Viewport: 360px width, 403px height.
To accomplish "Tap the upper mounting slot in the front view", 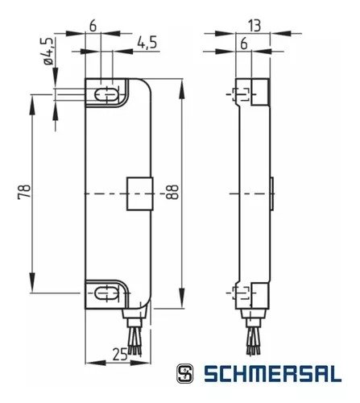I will click(x=105, y=95).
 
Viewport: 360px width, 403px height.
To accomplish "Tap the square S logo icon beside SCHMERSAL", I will click(x=185, y=376).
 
